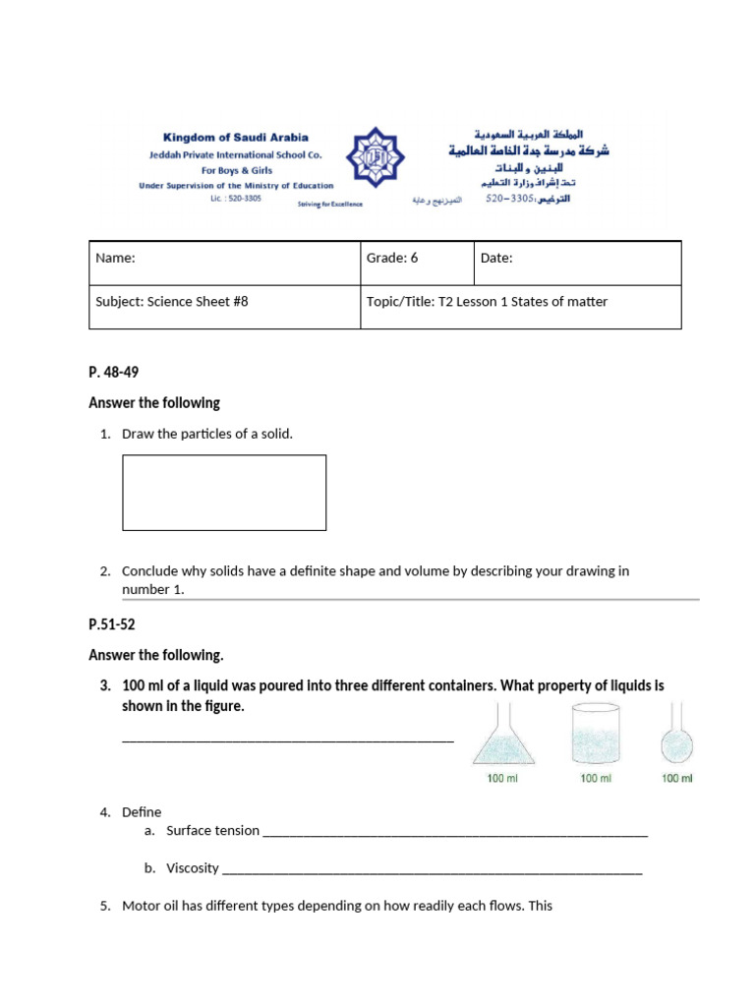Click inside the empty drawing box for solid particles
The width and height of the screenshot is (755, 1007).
coord(224,493)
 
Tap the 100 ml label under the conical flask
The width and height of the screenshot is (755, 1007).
coord(503,779)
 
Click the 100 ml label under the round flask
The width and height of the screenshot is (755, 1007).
coord(676,779)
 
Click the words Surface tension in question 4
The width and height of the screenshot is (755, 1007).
coord(212,831)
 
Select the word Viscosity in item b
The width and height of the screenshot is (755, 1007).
coord(193,868)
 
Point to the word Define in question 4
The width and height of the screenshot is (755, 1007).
coord(142,812)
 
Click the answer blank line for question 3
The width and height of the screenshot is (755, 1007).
coord(287,739)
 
